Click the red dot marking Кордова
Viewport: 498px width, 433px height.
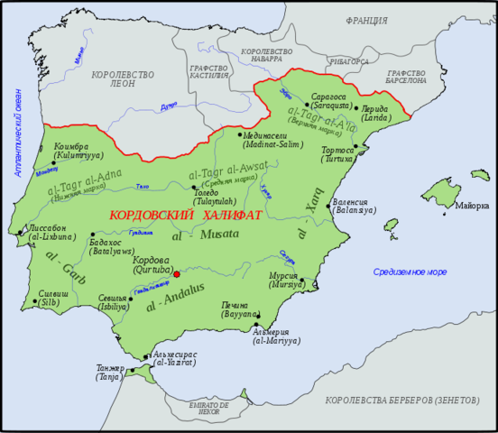coord(178,273)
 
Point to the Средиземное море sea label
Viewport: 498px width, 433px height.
coord(410,272)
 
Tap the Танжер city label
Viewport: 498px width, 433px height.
coord(110,368)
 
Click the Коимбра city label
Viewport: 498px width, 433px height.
coord(73,147)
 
